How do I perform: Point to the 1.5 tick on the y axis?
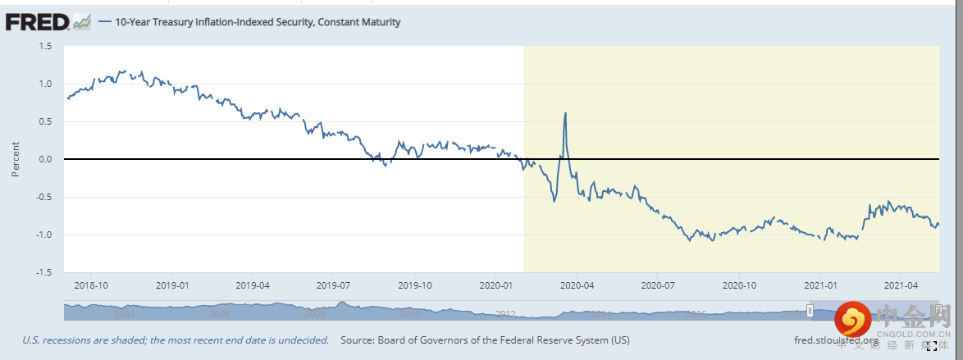coord(45,46)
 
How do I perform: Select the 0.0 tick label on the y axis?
coord(45,159)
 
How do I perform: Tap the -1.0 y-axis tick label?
coord(43,235)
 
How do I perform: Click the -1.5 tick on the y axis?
coord(43,272)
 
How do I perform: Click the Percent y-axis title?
coord(16,159)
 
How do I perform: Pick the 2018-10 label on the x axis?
coord(91,285)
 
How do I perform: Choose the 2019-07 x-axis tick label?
coord(333,285)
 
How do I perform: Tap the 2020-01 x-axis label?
coord(495,285)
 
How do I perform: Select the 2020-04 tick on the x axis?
coord(576,285)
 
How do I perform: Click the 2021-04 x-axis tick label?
coord(901,285)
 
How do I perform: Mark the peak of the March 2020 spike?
coord(565,113)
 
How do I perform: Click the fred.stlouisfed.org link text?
coord(837,339)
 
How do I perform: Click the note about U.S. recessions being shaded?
coord(176,339)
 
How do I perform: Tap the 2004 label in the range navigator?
coord(125,314)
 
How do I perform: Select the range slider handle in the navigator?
coord(810,310)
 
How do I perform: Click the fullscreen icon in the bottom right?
coord(932,347)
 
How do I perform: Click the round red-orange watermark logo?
coord(852,317)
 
